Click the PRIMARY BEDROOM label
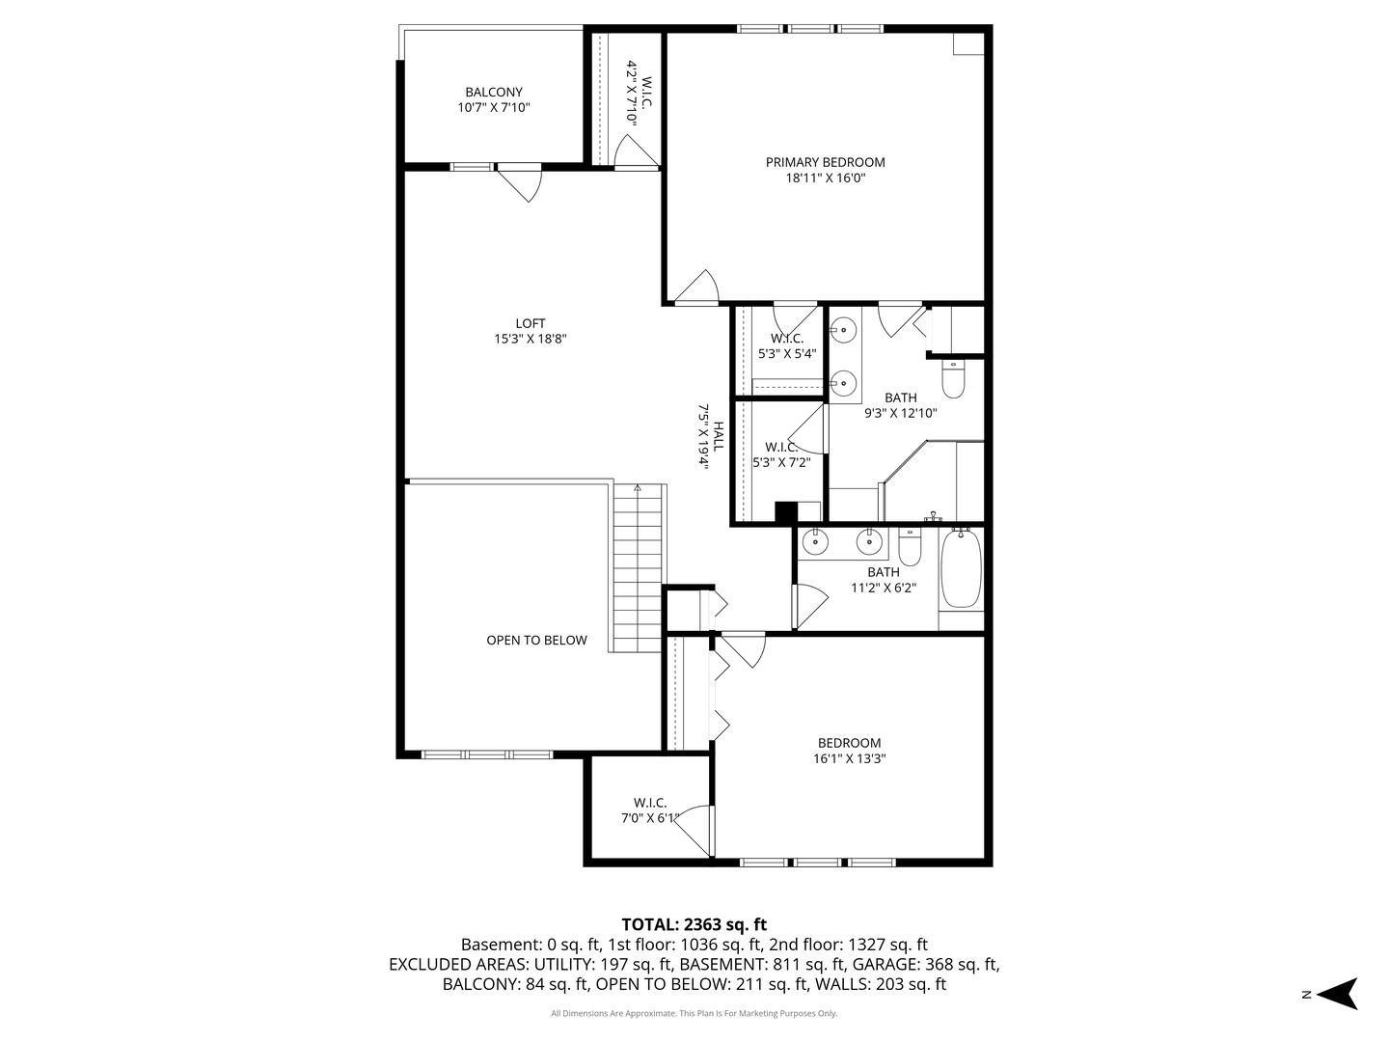click(x=825, y=162)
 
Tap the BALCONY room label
click(x=494, y=93)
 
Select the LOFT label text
click(x=530, y=324)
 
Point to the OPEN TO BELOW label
click(x=536, y=640)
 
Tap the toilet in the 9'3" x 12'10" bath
click(x=953, y=379)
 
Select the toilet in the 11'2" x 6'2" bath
click(x=910, y=548)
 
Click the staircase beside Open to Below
click(x=638, y=569)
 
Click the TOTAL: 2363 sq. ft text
click(x=694, y=924)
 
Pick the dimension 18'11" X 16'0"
click(x=825, y=178)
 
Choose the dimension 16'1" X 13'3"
click(x=849, y=758)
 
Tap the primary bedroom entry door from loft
click(x=697, y=288)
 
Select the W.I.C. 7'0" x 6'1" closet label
click(x=650, y=803)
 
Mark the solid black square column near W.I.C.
click(x=786, y=512)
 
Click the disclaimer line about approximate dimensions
click(x=694, y=1013)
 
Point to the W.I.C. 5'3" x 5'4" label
click(x=787, y=339)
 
